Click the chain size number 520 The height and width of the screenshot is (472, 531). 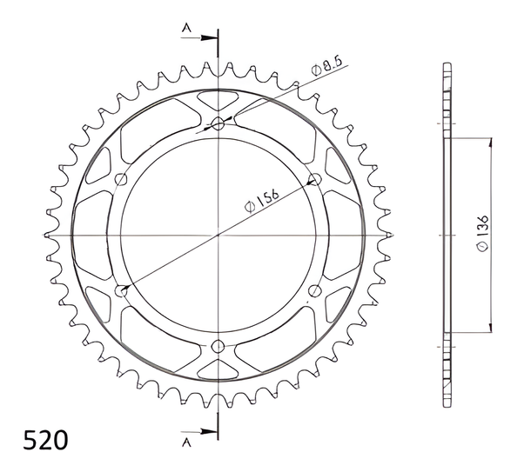pyautogui.click(x=45, y=440)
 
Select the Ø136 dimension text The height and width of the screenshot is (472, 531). pyautogui.click(x=482, y=233)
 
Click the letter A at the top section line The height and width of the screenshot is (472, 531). pyautogui.click(x=186, y=28)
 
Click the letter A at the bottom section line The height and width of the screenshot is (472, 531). pyautogui.click(x=186, y=442)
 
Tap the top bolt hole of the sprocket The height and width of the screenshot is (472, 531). pyautogui.click(x=218, y=123)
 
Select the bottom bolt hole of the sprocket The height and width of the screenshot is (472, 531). pyautogui.click(x=218, y=346)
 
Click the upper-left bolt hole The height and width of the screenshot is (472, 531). pyautogui.click(x=121, y=179)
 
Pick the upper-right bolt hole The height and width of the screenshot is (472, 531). pyautogui.click(x=315, y=179)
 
